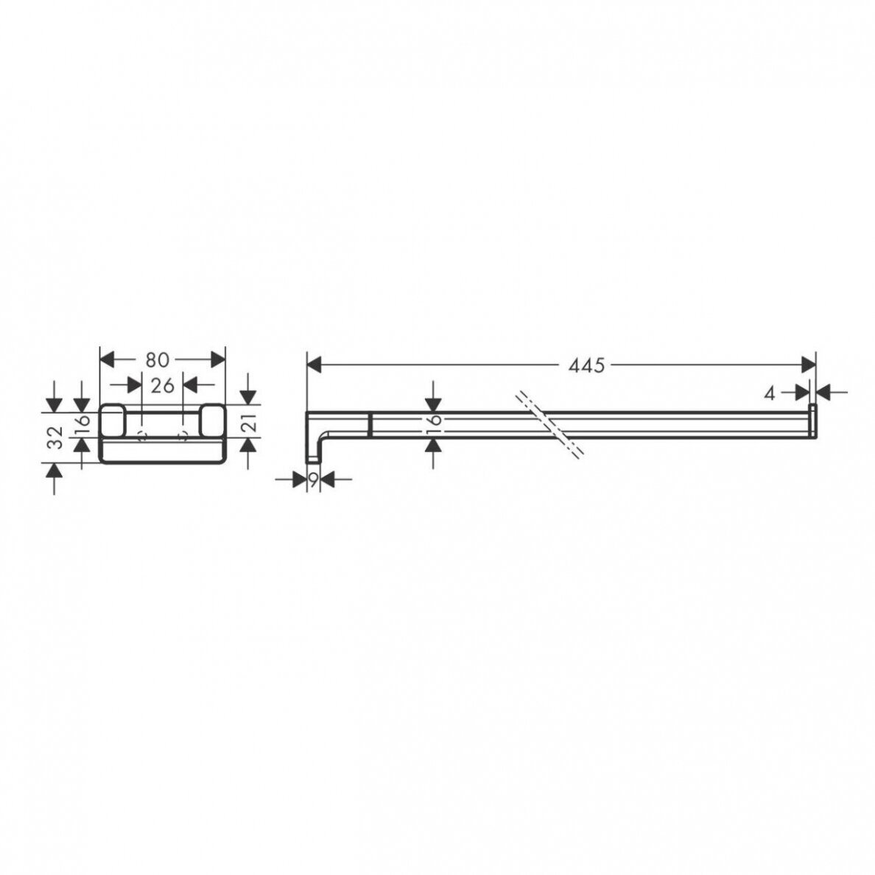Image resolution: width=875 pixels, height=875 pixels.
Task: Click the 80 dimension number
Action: (158, 360)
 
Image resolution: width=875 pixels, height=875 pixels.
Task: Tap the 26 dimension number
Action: (162, 385)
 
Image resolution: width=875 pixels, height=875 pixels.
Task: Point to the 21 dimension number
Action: (250, 424)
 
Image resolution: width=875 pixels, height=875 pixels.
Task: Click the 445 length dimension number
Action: (586, 365)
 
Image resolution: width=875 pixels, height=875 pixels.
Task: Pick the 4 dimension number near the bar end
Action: (770, 393)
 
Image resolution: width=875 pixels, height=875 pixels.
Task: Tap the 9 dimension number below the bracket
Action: (314, 479)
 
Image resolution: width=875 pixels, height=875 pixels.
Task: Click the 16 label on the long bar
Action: (435, 425)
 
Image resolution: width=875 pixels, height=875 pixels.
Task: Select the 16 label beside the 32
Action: (82, 425)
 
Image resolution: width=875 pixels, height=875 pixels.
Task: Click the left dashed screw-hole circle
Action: (141, 436)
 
